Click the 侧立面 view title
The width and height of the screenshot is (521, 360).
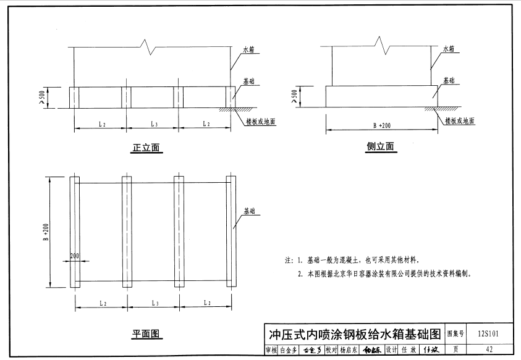381,146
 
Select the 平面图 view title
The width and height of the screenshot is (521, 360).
146,334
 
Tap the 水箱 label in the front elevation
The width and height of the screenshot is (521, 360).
250,48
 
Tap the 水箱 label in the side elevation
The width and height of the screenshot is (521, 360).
449,48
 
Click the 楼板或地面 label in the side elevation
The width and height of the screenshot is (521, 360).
460,121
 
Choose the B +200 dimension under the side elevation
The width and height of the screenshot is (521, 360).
381,125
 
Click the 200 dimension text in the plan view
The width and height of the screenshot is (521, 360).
75,255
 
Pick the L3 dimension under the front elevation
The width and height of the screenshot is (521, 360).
153,125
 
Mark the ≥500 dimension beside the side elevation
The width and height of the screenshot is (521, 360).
294,95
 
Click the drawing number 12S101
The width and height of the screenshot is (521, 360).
488,334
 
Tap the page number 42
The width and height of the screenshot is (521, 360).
489,350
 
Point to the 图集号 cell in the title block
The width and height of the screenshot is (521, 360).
455,334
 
